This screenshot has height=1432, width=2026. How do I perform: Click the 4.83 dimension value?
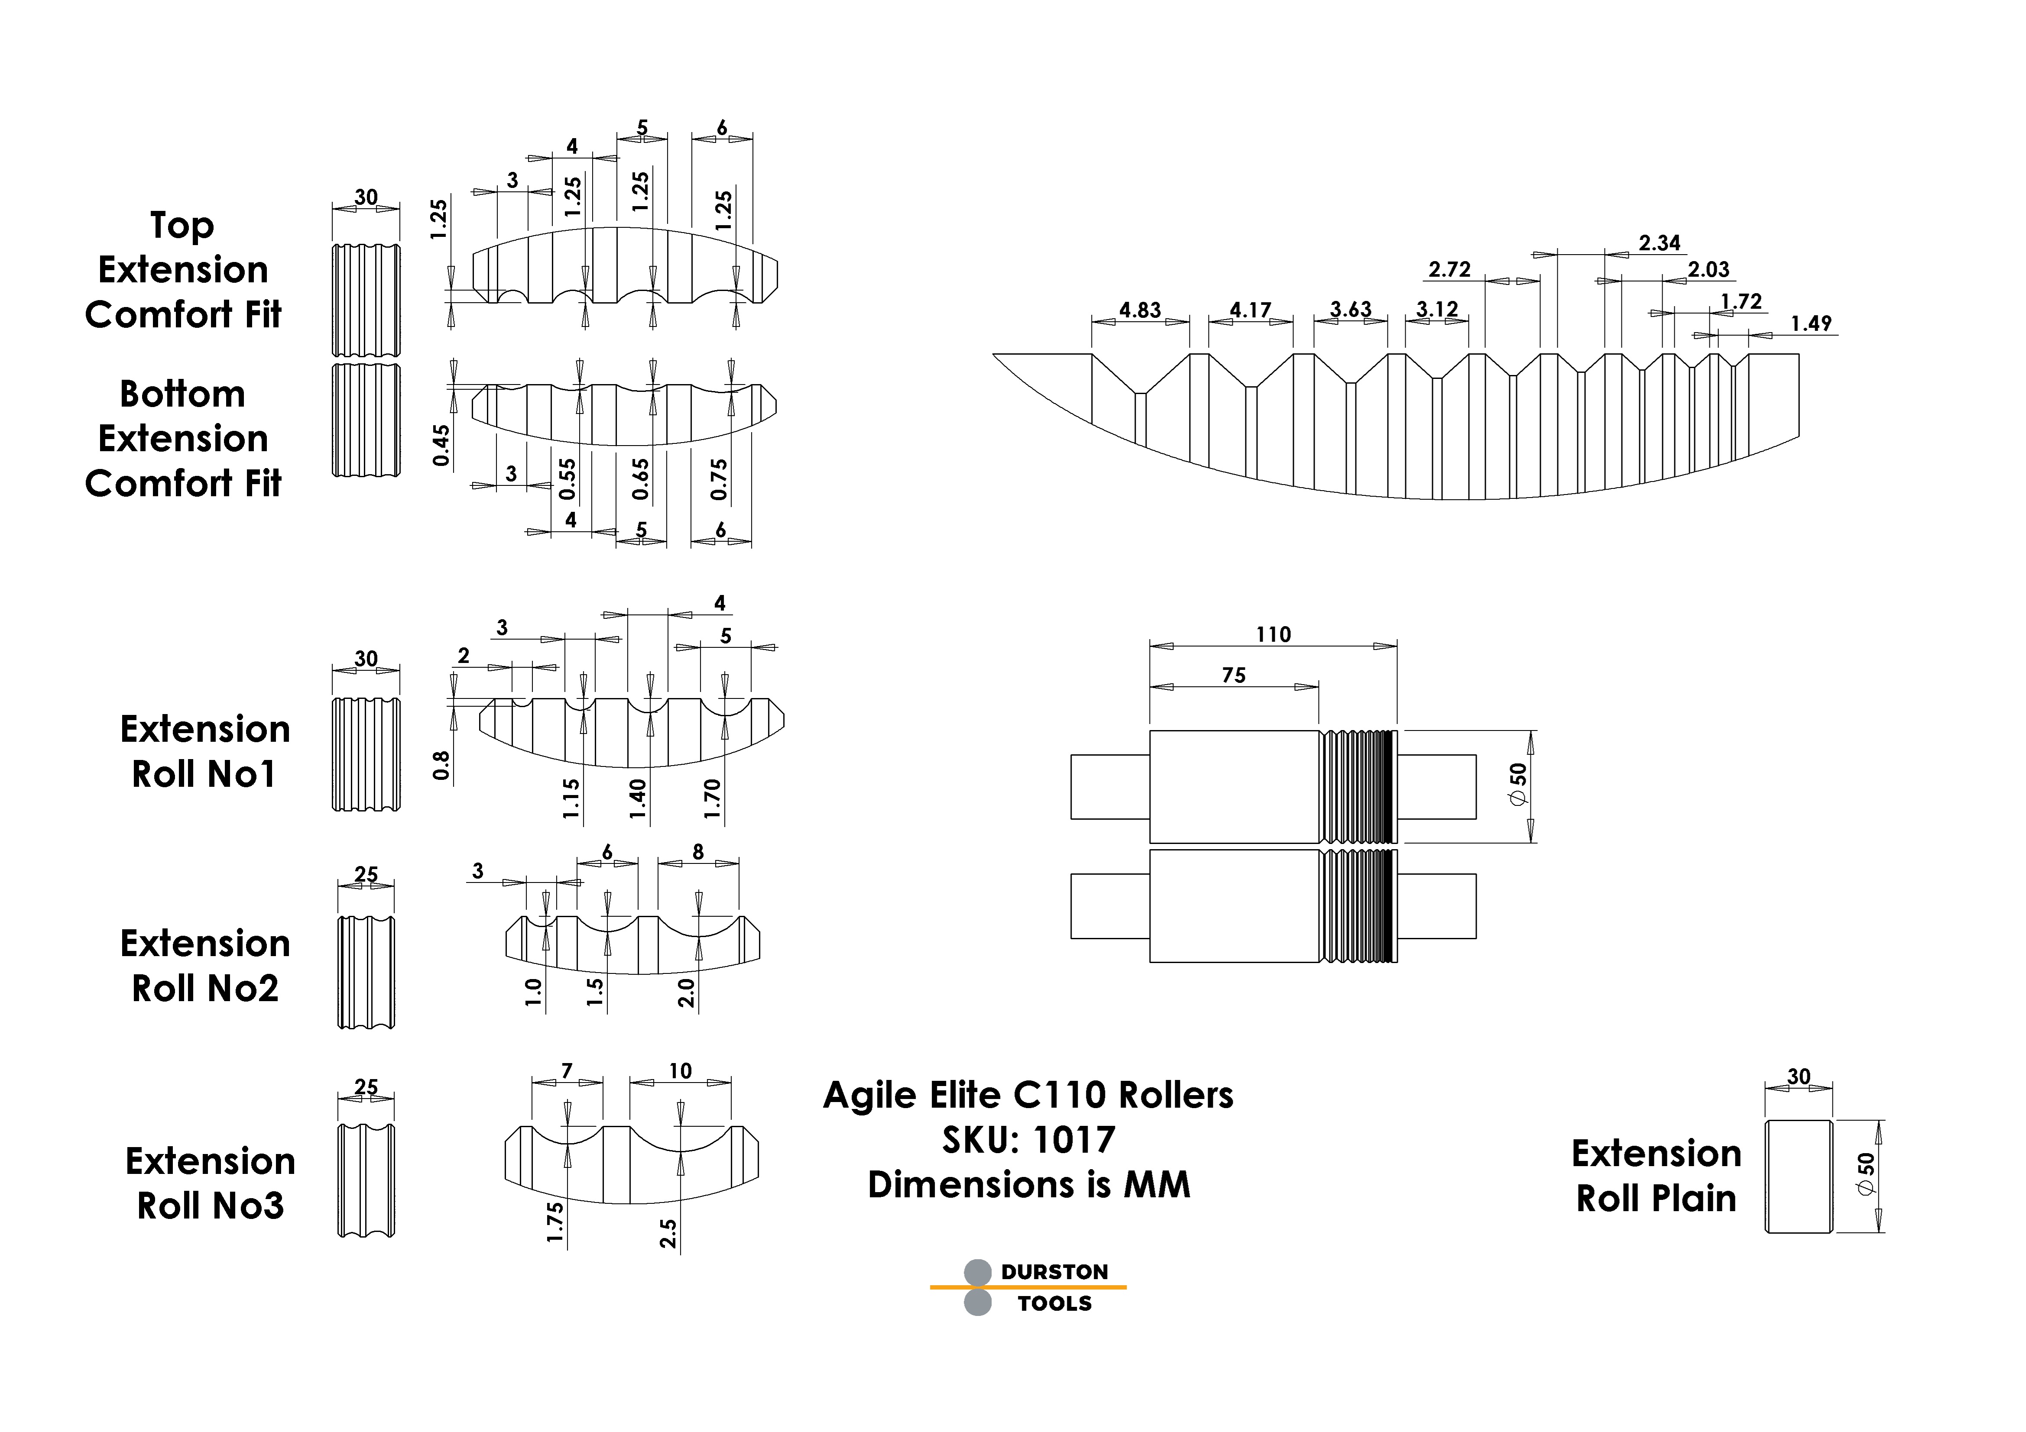(x=1140, y=310)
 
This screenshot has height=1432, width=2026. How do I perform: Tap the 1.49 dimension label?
(x=1811, y=324)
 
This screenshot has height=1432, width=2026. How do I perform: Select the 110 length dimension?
(x=1273, y=634)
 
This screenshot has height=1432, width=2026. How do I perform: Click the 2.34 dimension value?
(x=1659, y=243)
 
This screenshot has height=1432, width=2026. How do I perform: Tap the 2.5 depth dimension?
(x=669, y=1234)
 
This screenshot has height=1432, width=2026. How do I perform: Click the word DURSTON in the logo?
(x=1054, y=1271)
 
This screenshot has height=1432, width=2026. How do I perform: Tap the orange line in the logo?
(x=1028, y=1287)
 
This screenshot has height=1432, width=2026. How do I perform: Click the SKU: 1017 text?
(x=1029, y=1140)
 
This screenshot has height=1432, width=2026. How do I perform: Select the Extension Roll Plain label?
(x=1656, y=1176)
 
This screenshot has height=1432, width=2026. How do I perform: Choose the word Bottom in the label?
(x=183, y=394)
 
